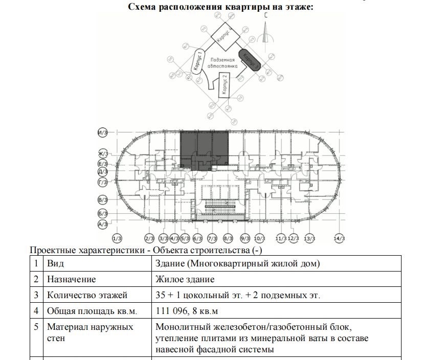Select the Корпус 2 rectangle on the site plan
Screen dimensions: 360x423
[x=225, y=84]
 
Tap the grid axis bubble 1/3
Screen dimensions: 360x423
[x=117, y=238]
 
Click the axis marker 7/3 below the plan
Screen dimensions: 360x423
[x=212, y=238]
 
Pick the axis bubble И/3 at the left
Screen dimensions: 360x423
[x=102, y=133]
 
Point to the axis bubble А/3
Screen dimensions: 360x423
[x=102, y=224]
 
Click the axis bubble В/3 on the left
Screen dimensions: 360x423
[x=102, y=199]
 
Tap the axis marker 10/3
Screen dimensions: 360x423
[x=259, y=238]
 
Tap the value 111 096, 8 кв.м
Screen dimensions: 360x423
[x=190, y=310]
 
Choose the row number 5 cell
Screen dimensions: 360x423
[x=36, y=326]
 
